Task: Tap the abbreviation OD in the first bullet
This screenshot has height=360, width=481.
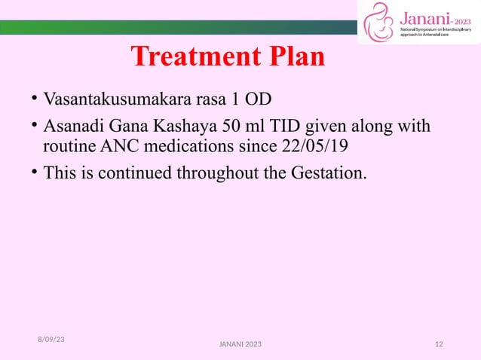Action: coord(260,99)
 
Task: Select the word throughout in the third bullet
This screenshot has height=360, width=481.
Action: coord(216,174)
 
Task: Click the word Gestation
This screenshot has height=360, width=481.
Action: coord(329,174)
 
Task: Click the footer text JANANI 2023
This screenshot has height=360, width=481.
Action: coord(240,344)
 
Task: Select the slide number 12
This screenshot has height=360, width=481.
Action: coord(440,344)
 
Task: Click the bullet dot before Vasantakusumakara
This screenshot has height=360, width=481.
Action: coord(35,99)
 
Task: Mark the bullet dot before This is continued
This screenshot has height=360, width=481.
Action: coord(35,174)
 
